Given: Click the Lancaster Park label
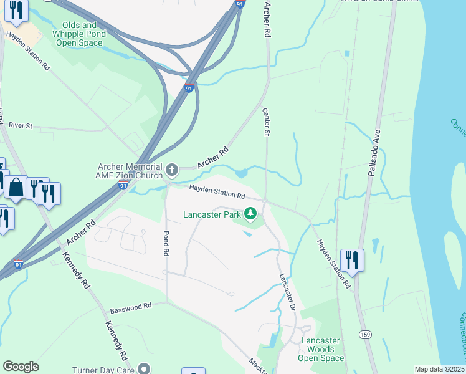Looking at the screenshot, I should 212,215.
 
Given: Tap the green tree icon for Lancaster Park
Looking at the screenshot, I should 250,214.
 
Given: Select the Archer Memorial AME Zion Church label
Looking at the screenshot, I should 130,171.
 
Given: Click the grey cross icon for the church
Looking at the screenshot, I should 172,169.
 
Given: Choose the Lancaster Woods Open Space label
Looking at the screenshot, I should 321,349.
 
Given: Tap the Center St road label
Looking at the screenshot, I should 266,123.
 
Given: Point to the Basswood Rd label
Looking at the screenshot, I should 131,307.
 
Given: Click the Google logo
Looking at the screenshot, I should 21,367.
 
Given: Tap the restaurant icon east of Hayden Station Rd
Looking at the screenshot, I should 352,259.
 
